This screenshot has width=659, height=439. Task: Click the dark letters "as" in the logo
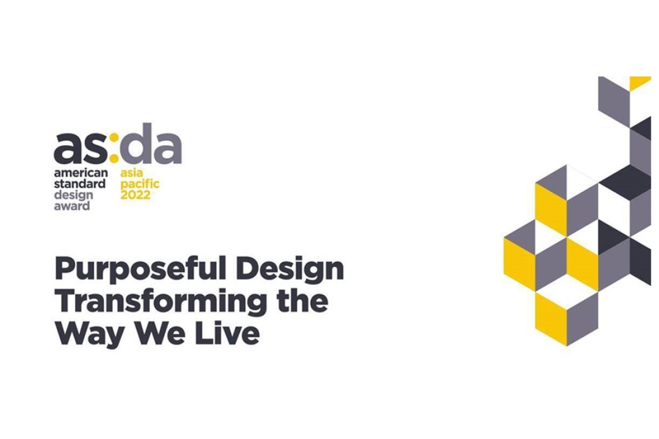pos(81,148)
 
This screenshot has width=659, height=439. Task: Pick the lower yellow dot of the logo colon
pos(114,158)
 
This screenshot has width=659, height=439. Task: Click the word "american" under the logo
pos(81,173)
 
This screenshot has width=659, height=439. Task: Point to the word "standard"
pos(80,184)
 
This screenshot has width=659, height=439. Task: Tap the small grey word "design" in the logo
pos(73,195)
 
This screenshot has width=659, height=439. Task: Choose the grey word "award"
pos(72,206)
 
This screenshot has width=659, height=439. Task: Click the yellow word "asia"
pos(132,173)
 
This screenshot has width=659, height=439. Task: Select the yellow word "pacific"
pos(140,184)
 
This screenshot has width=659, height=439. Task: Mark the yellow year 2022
pos(135,195)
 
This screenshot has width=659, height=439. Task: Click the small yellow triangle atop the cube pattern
pos(640,82)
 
